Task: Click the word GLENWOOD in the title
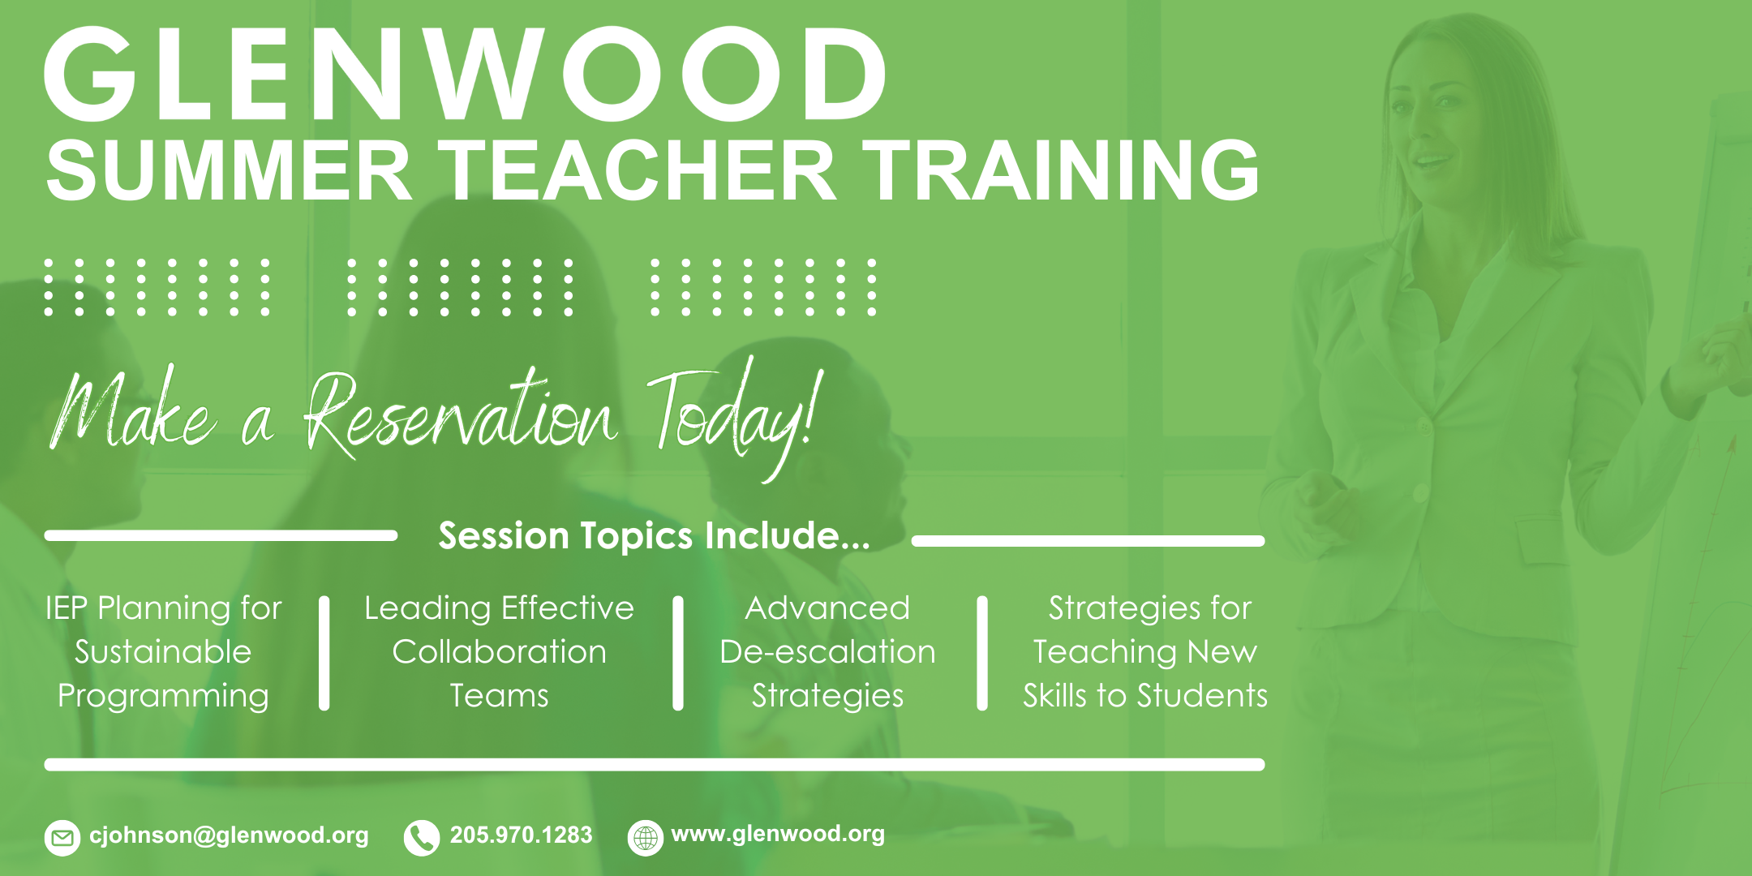coord(466,74)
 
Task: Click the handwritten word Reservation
coord(460,414)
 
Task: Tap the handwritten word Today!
coord(735,418)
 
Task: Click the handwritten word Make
coord(133,410)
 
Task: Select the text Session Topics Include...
coord(654,536)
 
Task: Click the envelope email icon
coord(62,838)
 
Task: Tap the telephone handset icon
coord(421,838)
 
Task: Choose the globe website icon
coord(646,838)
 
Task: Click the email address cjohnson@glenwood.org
coord(229,835)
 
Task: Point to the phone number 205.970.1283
coord(521,835)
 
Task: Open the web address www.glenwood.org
coord(778,835)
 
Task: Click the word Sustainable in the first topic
coord(163,652)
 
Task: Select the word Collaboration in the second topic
coord(499,652)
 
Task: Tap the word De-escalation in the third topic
coord(827,652)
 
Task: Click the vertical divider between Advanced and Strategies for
coord(982,654)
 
